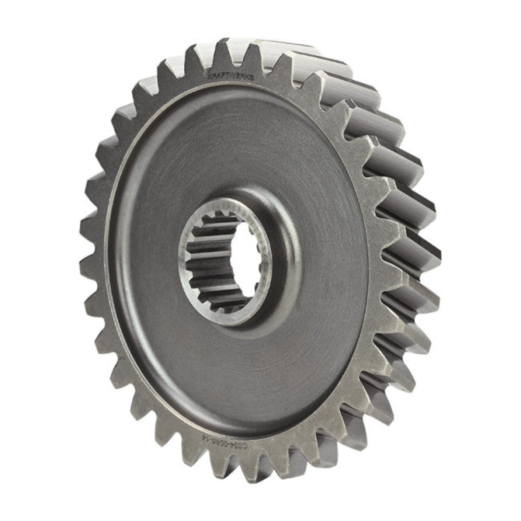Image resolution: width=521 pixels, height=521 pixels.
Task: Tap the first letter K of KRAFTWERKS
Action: click(x=209, y=76)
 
